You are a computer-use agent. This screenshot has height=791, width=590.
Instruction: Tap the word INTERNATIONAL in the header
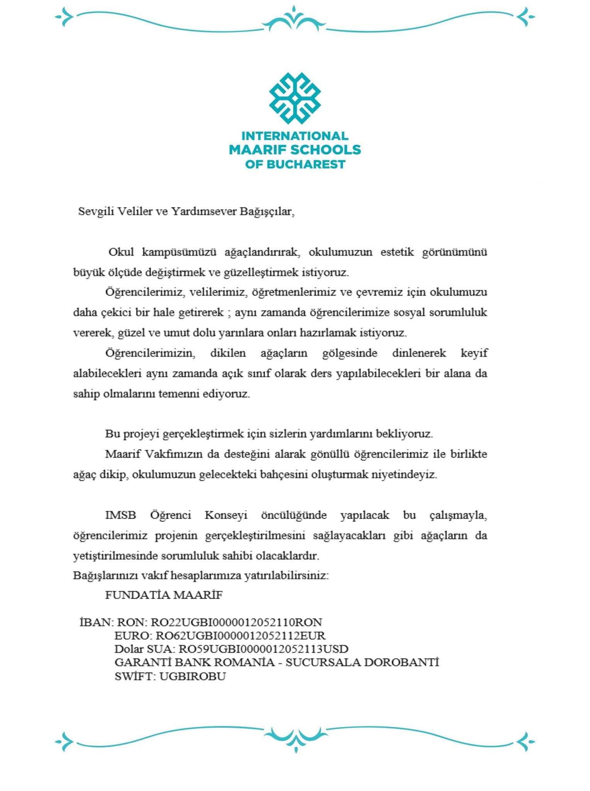tap(295, 136)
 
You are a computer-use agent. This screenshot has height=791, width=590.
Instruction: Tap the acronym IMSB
tap(120, 515)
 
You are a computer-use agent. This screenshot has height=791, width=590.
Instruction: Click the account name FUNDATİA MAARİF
tap(164, 595)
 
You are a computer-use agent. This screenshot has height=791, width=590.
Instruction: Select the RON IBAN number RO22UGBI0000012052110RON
tap(236, 622)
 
